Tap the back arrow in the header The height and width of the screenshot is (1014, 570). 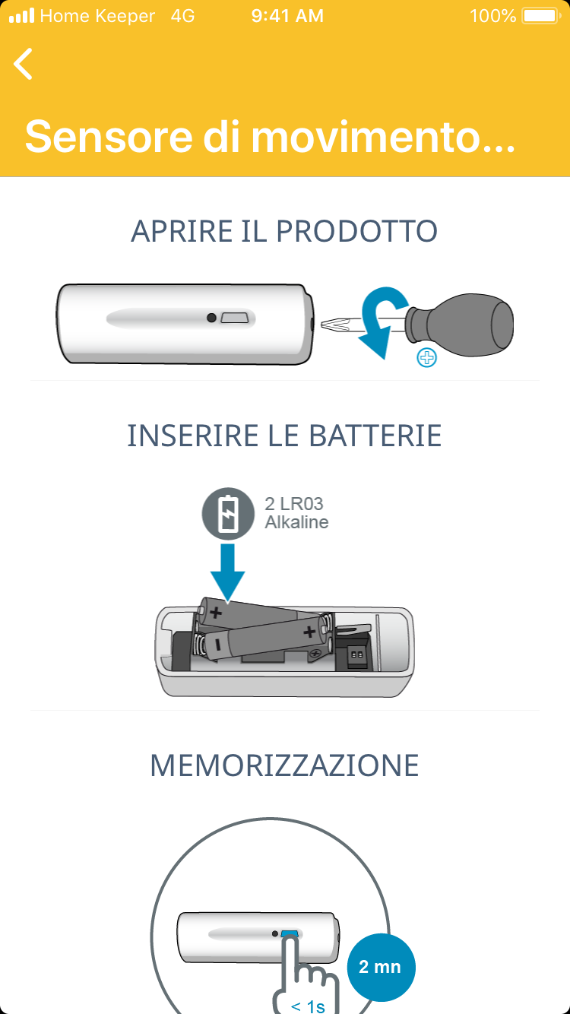click(x=23, y=64)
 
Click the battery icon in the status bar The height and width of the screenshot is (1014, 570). click(x=541, y=16)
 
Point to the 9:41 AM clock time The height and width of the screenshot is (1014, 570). click(x=287, y=16)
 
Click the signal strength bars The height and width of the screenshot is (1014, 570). click(x=22, y=16)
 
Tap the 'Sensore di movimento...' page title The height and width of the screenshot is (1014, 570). click(x=270, y=136)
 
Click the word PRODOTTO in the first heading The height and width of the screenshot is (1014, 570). click(x=356, y=231)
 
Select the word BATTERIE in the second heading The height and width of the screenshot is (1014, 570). click(x=375, y=436)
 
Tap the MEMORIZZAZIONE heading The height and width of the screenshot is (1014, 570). click(x=284, y=765)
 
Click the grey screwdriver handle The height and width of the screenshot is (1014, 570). click(x=460, y=324)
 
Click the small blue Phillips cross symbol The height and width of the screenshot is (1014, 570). click(x=426, y=357)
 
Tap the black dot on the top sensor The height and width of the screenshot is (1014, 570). click(x=211, y=318)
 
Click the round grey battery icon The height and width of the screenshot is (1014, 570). click(x=228, y=514)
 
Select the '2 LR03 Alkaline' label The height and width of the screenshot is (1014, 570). click(x=296, y=513)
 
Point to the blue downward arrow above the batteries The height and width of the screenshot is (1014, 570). click(x=228, y=572)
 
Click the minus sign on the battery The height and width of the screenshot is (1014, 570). click(x=218, y=645)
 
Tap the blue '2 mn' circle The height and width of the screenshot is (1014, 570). click(x=381, y=968)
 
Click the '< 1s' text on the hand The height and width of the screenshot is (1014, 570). click(x=308, y=1006)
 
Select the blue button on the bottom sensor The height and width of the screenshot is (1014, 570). click(x=290, y=934)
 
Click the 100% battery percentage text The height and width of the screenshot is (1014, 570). click(x=493, y=16)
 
